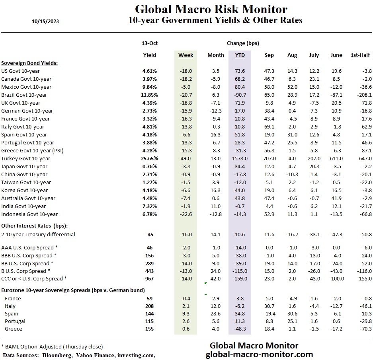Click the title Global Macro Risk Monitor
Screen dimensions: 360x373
point(211,9)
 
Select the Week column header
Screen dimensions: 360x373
point(186,55)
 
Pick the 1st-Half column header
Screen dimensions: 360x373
point(361,55)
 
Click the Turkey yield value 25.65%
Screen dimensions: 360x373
point(149,159)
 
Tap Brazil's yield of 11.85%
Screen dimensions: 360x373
point(149,95)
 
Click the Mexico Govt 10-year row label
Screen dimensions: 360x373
point(26,87)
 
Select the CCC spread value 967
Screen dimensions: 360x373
point(149,279)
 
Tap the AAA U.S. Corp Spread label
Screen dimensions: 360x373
point(27,248)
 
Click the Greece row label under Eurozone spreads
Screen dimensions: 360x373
point(13,329)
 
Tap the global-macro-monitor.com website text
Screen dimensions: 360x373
point(259,354)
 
